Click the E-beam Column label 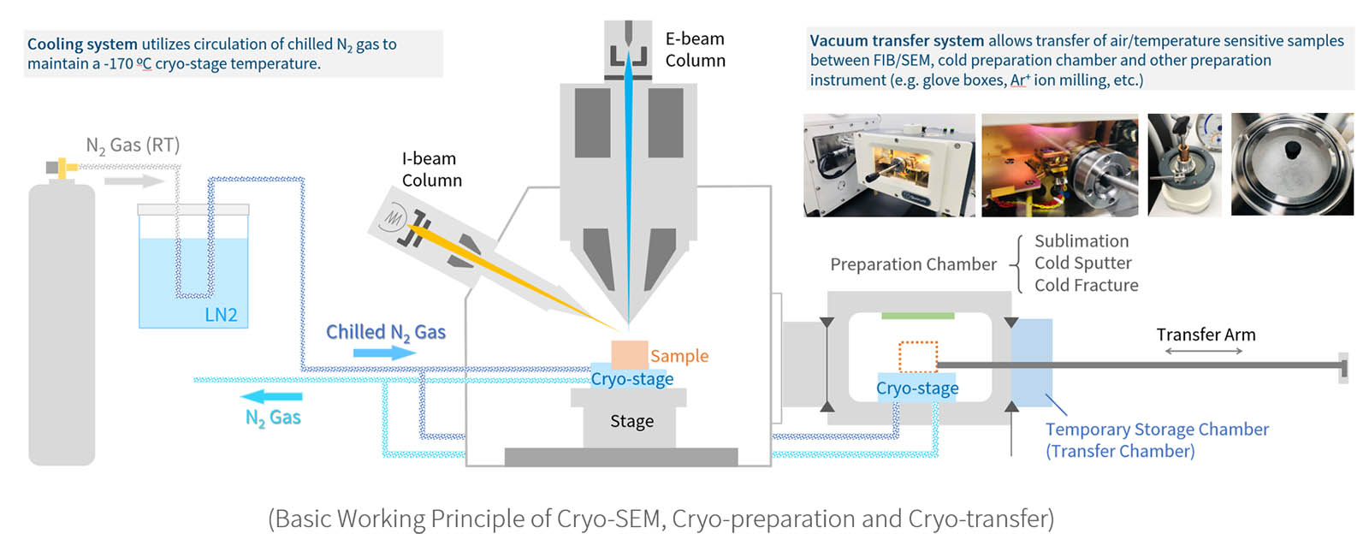[x=695, y=50]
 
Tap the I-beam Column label [x=431, y=169]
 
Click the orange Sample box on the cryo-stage [x=629, y=354]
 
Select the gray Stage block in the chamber [x=631, y=421]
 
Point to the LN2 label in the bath [x=221, y=315]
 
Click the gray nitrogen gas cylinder [x=62, y=325]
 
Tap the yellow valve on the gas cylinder [x=62, y=167]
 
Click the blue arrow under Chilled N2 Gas [x=360, y=353]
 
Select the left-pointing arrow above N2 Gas [x=271, y=396]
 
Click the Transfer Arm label [x=1206, y=335]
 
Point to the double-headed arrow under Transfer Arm [x=1203, y=351]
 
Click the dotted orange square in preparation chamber [x=918, y=357]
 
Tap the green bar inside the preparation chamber [x=917, y=316]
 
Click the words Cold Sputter [x=1082, y=263]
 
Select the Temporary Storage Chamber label [x=1156, y=440]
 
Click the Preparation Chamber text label [x=913, y=264]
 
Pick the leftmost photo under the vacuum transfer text [x=889, y=165]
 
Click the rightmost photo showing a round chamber [x=1292, y=164]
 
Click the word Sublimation [x=1081, y=241]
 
